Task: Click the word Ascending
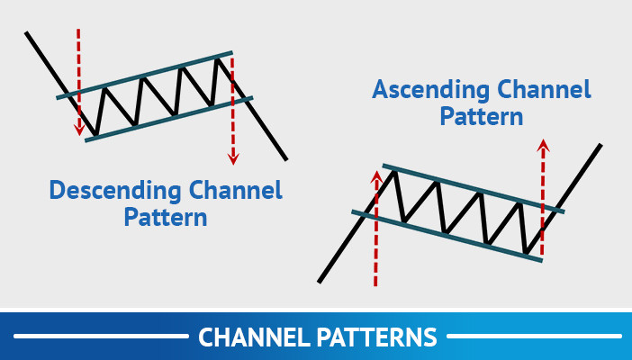pos(426,91)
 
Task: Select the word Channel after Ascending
pos(546,91)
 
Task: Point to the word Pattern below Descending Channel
pos(166,218)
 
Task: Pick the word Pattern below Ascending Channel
pos(481,117)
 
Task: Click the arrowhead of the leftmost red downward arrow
pos(78,130)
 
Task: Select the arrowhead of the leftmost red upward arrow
pos(376,176)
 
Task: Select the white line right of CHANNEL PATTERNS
pos(533,337)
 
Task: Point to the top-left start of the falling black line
pos(28,34)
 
